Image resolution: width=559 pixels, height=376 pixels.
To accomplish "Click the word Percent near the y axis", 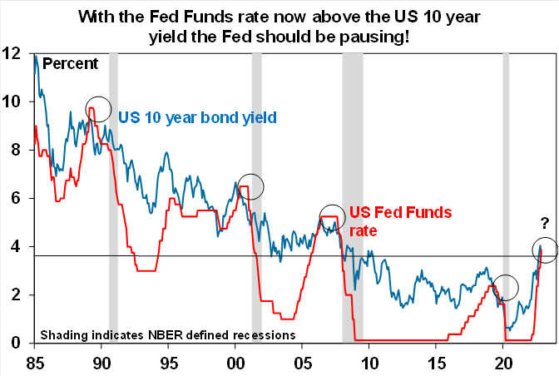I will click(x=71, y=63).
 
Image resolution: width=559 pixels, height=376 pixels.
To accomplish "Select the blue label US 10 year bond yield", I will click(x=197, y=116).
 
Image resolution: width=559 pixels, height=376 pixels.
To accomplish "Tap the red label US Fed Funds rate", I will click(x=400, y=221).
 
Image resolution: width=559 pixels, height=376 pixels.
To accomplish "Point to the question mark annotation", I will click(x=546, y=223).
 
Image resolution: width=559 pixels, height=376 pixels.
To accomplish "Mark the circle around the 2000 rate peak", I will click(x=250, y=187).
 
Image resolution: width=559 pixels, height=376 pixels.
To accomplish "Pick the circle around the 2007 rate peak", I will click(x=331, y=217).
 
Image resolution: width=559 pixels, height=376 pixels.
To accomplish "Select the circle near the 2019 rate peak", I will click(x=505, y=288).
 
